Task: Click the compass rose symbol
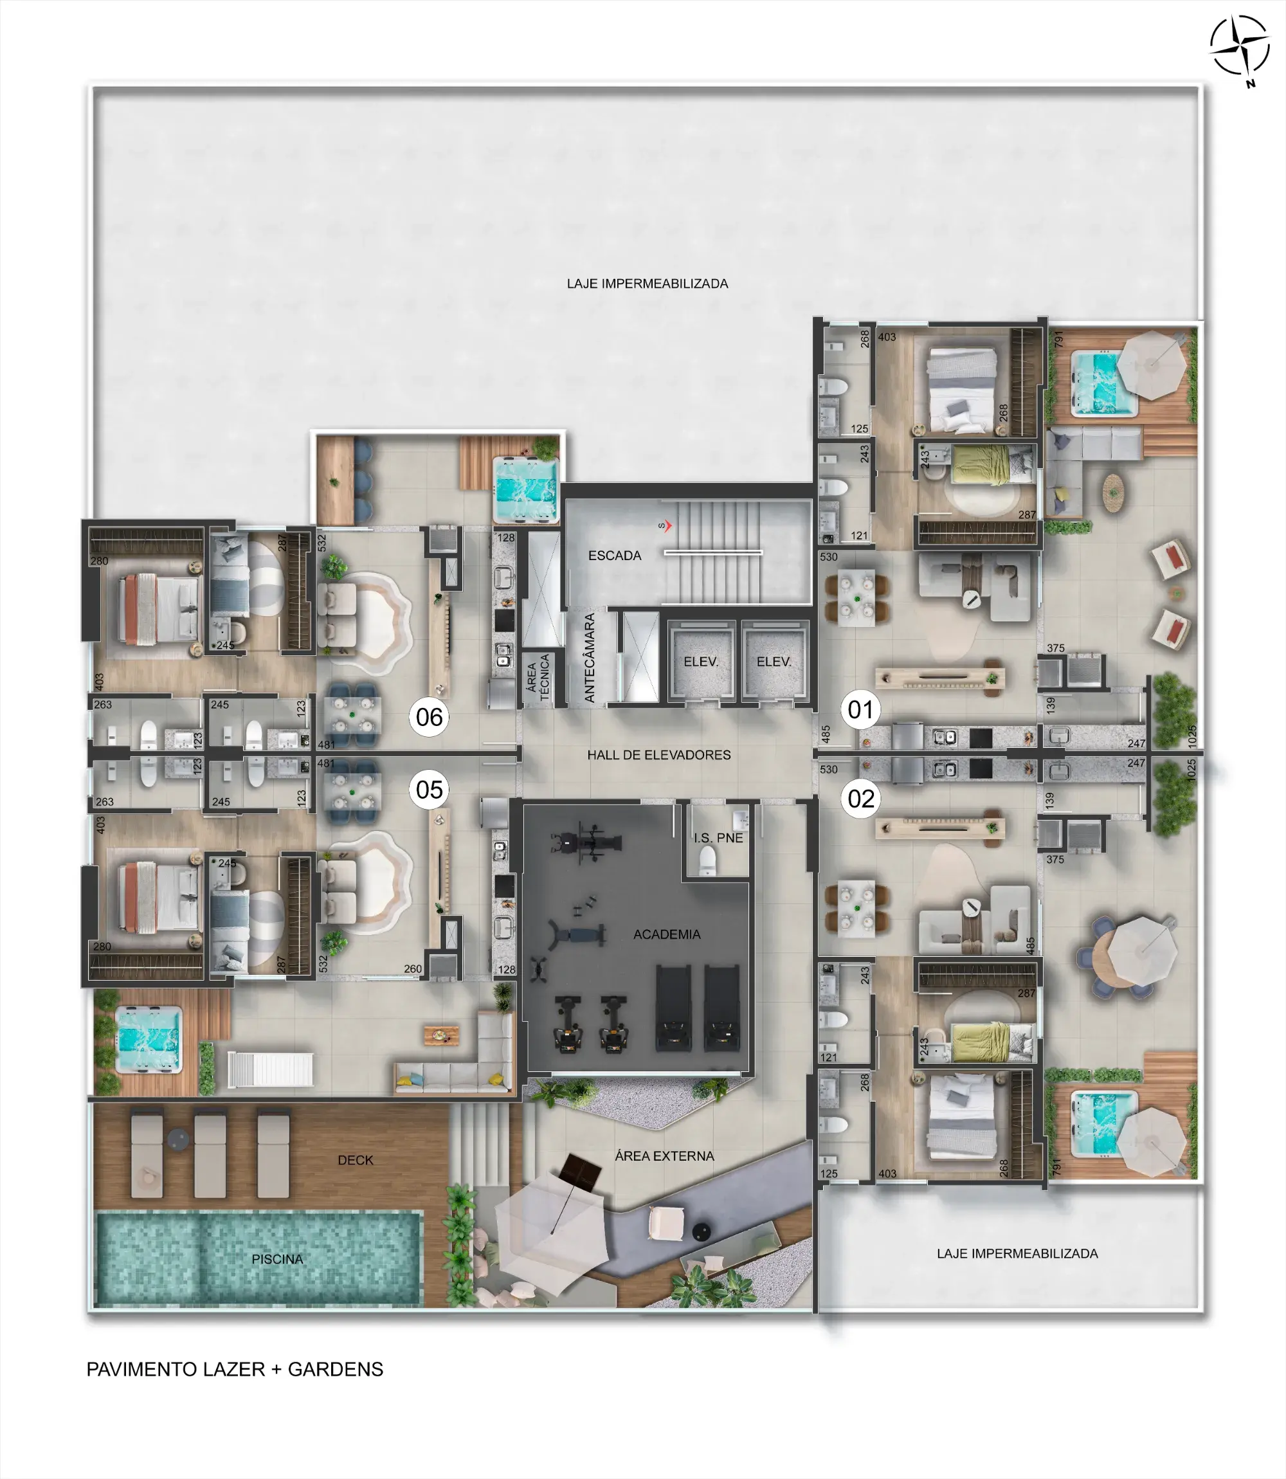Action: click(x=1239, y=47)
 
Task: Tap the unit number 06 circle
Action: click(x=429, y=716)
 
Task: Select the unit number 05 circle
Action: click(x=429, y=790)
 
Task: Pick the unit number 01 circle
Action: click(x=860, y=709)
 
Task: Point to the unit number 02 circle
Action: click(x=860, y=798)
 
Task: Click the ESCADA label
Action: click(x=614, y=556)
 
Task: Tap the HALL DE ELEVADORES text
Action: click(x=659, y=755)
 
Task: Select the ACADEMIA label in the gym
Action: click(x=667, y=934)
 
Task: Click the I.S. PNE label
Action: click(x=718, y=837)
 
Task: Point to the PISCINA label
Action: click(x=277, y=1258)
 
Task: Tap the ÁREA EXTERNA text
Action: click(x=664, y=1156)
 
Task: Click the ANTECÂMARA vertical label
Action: click(x=590, y=657)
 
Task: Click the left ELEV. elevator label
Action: click(x=701, y=662)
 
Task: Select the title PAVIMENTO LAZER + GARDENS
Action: click(x=235, y=1369)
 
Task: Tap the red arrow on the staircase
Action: click(x=667, y=526)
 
